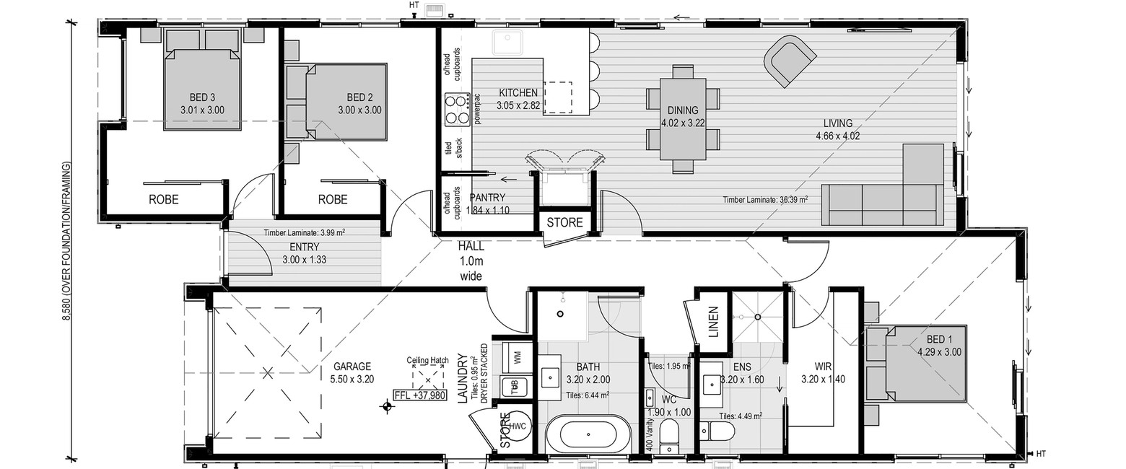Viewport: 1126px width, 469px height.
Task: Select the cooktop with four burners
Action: pos(456,109)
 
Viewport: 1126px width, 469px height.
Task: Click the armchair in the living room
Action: pos(789,61)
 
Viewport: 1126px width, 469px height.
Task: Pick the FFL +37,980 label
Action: pos(420,395)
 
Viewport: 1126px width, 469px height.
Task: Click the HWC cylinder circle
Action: pos(518,426)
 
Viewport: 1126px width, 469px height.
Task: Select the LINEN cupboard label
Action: pos(713,322)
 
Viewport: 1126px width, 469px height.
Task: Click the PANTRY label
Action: pos(487,198)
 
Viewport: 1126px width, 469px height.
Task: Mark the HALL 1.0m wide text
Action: pos(471,261)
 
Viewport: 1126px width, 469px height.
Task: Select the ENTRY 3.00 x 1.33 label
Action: pos(304,253)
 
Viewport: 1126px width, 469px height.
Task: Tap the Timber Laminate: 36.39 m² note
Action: pos(765,200)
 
